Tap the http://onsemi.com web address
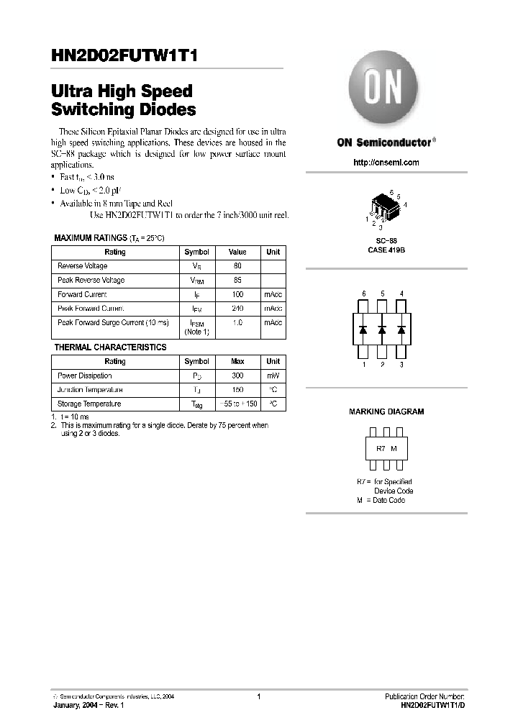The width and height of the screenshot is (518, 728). coord(386,163)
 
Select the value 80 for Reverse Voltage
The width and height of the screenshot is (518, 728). coord(237,266)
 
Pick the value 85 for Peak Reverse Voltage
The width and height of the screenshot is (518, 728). coord(237,281)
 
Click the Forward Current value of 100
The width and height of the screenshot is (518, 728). coord(237,294)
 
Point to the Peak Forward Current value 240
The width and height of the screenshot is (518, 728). coord(237,309)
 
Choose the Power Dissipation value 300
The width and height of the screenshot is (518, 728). coord(237,376)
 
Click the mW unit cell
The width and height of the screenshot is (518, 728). coord(273,376)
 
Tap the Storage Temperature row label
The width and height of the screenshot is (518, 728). coord(89,404)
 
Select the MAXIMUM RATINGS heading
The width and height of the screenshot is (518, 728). coord(89,238)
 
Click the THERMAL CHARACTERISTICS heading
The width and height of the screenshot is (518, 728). coord(110,347)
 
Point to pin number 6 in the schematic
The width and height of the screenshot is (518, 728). coord(364,294)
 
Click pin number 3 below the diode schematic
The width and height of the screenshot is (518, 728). coord(401,365)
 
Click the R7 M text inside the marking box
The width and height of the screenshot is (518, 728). coord(386,449)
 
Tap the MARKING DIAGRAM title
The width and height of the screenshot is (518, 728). coord(386,411)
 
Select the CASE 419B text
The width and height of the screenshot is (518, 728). coord(386,250)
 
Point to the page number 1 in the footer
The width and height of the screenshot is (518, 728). coord(258,696)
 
